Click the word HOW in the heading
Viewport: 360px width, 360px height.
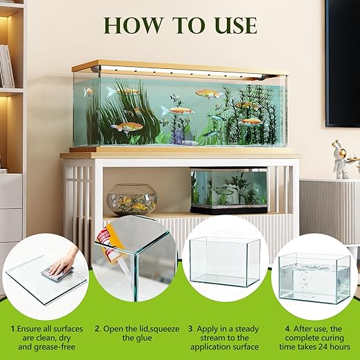pos(133,26)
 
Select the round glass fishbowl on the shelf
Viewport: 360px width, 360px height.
pos(132,199)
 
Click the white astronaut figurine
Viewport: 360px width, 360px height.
pos(341,159)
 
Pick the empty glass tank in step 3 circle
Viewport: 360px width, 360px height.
pos(225,261)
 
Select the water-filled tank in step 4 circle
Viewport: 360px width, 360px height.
pos(314,279)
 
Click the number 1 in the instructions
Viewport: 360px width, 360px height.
pos(13,329)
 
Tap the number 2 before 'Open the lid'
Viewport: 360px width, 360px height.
pos(97,329)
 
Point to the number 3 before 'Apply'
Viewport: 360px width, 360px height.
pos(190,329)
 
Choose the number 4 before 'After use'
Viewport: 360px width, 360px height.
pos(287,329)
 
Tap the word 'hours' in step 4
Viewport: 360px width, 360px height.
pos(339,347)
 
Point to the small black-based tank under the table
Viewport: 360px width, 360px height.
pos(229,191)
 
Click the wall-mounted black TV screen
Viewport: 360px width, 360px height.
pos(343,63)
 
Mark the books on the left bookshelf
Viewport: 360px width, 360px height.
pos(7,66)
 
